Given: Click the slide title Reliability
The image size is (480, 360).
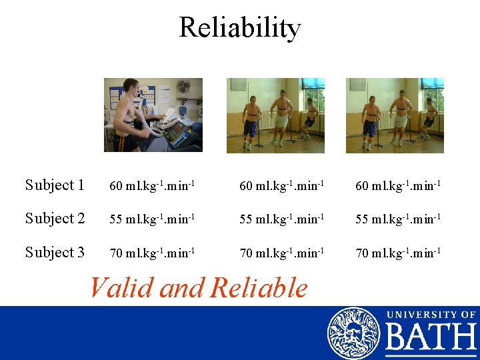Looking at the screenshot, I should (x=240, y=27).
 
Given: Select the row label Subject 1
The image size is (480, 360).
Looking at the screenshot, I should (x=55, y=185).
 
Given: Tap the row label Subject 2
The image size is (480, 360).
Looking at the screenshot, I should (x=55, y=219).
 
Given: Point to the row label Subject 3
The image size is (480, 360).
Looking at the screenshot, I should (x=55, y=253).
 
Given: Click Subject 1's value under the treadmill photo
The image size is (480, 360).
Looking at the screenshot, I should (x=152, y=186).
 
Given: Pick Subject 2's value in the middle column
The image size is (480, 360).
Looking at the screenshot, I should (x=282, y=219).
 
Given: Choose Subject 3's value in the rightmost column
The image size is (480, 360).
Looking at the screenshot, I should (x=398, y=253).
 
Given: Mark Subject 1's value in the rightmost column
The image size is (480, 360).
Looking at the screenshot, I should (x=398, y=186).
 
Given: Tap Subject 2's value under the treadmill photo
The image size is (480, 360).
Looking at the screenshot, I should (x=152, y=219).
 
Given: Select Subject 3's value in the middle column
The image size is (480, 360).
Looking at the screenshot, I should (x=282, y=253).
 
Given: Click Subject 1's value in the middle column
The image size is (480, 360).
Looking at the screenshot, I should (x=282, y=186).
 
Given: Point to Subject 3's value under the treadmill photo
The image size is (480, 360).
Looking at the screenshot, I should (x=152, y=253).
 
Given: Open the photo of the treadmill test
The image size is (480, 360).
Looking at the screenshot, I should (x=153, y=115).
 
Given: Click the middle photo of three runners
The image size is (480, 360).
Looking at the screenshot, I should (x=275, y=115).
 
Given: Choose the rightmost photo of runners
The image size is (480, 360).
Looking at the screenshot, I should (x=395, y=115).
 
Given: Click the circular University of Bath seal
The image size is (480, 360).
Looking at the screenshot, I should (x=353, y=333).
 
